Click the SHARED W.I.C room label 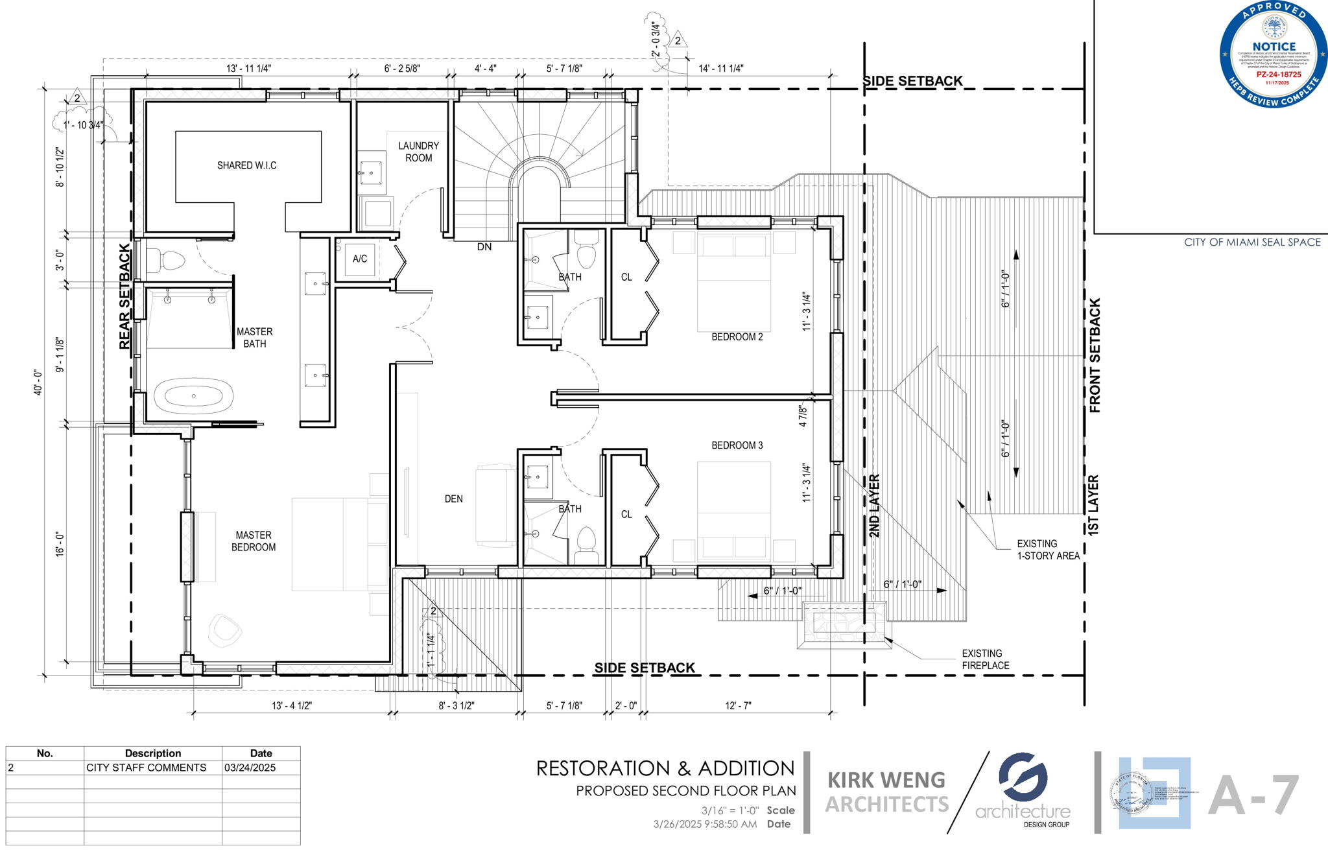pyautogui.click(x=246, y=165)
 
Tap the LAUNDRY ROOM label pyautogui.click(x=418, y=152)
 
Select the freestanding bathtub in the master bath pyautogui.click(x=193, y=396)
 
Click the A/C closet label pyautogui.click(x=360, y=259)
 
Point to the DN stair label pyautogui.click(x=484, y=247)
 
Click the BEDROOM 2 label pyautogui.click(x=737, y=336)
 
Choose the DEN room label pyautogui.click(x=453, y=499)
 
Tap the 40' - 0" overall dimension pyautogui.click(x=39, y=382)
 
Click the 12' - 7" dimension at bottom pyautogui.click(x=738, y=705)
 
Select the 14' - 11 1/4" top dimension pyautogui.click(x=720, y=68)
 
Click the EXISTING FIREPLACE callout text pyautogui.click(x=985, y=659)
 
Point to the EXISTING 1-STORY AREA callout pyautogui.click(x=1047, y=550)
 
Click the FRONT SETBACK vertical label pyautogui.click(x=1095, y=355)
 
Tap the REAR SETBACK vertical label pyautogui.click(x=124, y=297)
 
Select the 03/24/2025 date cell pyautogui.click(x=250, y=768)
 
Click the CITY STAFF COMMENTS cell pyautogui.click(x=146, y=768)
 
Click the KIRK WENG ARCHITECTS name pyautogui.click(x=886, y=792)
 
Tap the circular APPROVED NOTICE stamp pyautogui.click(x=1272, y=54)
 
